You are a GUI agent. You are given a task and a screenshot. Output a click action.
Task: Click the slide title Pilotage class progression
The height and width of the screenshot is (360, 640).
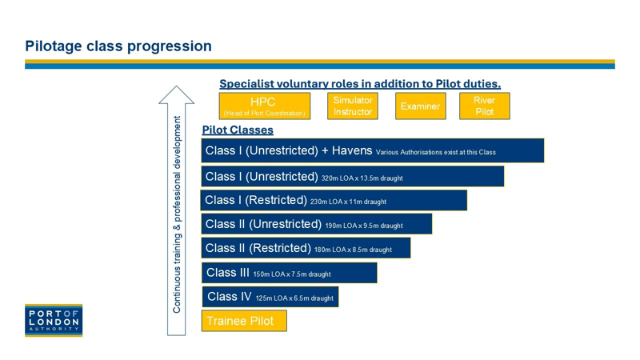point(118,46)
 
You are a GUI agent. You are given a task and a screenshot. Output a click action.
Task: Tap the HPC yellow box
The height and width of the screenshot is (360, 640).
point(265,106)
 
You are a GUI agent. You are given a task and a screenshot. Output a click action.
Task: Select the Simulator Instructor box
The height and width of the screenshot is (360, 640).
point(353,106)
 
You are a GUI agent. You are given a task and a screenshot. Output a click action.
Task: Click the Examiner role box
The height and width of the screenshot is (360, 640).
point(421,106)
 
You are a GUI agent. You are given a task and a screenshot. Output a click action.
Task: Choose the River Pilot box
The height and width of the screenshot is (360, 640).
point(485,106)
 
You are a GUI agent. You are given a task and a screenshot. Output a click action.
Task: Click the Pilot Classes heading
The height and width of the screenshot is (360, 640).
point(238,130)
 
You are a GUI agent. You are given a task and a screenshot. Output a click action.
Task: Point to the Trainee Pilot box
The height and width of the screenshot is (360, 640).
point(244,321)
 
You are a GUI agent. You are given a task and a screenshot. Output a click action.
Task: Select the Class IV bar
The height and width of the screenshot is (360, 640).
point(270,297)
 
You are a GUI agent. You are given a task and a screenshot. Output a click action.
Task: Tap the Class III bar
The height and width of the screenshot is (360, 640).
point(290,273)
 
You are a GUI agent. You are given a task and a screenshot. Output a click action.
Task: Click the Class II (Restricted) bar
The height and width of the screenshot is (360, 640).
point(306,248)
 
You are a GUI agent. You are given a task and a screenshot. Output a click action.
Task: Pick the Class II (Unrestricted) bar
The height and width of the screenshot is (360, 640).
point(316,224)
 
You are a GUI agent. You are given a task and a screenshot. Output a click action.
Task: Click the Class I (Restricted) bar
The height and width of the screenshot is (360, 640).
point(334,201)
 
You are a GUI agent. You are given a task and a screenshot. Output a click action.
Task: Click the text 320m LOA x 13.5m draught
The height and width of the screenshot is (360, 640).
point(362,178)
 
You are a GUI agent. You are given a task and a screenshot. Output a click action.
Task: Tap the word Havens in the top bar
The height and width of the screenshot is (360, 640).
point(352,150)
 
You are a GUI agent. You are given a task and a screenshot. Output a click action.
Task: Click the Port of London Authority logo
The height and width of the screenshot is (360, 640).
point(54,321)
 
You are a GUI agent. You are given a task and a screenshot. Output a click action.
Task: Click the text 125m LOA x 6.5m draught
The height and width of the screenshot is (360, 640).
point(294,298)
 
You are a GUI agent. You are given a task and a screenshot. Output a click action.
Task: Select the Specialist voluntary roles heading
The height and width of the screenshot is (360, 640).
point(360,84)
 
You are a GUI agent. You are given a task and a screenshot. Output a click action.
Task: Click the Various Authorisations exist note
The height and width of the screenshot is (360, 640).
point(435,152)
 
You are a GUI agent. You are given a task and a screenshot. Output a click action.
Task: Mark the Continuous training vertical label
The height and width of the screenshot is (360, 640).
point(177,214)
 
